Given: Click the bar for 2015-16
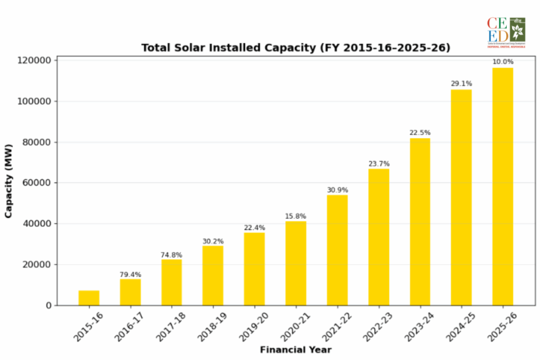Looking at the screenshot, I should pyautogui.click(x=89, y=298).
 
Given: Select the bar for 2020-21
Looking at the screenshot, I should pyautogui.click(x=295, y=263).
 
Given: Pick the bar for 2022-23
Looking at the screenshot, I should pyautogui.click(x=378, y=237).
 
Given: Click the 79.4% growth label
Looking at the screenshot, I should pyautogui.click(x=130, y=275).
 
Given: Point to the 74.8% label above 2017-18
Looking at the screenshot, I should pyautogui.click(x=171, y=255).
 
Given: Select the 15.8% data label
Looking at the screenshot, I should pyautogui.click(x=295, y=216).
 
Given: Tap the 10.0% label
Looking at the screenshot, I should pyautogui.click(x=502, y=62).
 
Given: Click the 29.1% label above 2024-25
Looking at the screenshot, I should pyautogui.click(x=461, y=83).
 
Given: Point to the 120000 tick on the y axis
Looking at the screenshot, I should pyautogui.click(x=36, y=61).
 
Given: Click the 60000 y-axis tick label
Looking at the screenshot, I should pyautogui.click(x=38, y=183).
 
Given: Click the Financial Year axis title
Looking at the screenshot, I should pyautogui.click(x=295, y=349).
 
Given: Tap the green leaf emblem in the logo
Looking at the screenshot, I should pyautogui.click(x=518, y=27).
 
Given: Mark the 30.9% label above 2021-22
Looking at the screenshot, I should pyautogui.click(x=337, y=190).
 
